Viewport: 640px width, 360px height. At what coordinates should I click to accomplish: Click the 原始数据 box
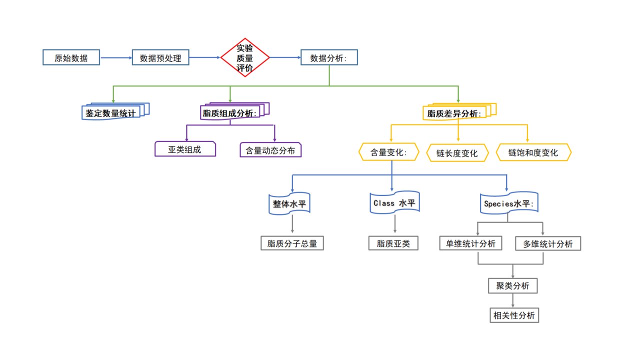71,57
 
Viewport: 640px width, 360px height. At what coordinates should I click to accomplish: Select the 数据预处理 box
160,57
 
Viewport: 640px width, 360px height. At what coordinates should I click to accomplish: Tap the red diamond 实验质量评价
245,57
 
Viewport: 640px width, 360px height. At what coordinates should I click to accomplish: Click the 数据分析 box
329,57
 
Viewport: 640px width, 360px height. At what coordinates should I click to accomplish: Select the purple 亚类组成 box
185,149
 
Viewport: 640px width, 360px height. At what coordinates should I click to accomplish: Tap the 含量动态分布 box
270,149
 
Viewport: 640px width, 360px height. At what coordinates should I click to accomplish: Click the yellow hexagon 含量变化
389,152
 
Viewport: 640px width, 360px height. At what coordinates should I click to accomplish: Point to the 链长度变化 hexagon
457,153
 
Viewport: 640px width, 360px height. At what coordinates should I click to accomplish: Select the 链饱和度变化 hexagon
533,152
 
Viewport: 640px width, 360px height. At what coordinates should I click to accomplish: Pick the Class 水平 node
394,202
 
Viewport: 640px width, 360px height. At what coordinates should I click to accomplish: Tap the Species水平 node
508,203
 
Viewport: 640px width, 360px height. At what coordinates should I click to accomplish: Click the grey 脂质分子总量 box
292,243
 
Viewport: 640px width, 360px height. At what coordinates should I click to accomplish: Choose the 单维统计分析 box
470,243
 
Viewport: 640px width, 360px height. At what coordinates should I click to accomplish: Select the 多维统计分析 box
548,243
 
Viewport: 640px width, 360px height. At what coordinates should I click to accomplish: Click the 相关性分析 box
514,315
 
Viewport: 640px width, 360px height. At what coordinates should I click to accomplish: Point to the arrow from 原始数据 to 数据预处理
116,57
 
